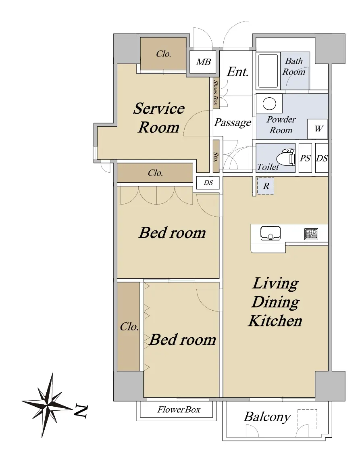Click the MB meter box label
click(204, 62)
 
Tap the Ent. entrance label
click(237, 72)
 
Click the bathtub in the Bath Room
click(268, 71)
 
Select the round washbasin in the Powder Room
click(269, 104)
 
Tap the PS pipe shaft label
click(305, 158)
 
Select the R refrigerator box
click(266, 186)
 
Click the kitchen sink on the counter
click(271, 233)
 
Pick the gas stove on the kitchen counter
click(311, 234)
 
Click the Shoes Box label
click(216, 92)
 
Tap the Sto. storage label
click(216, 157)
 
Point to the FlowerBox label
click(179, 410)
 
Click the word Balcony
click(267, 417)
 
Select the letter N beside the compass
click(81, 411)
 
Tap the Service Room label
click(159, 118)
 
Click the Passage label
click(233, 122)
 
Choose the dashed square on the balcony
click(307, 419)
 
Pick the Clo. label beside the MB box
click(164, 54)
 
